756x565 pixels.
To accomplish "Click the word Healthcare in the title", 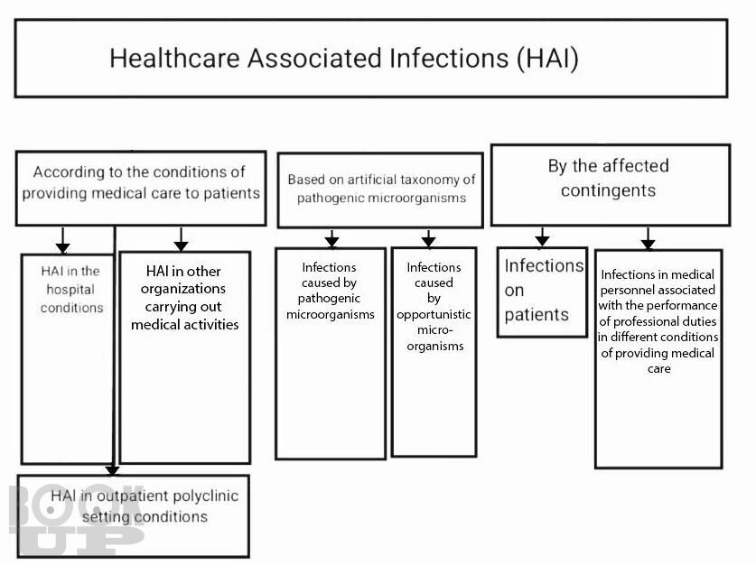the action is (x=174, y=59).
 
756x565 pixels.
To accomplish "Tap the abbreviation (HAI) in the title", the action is (x=548, y=59).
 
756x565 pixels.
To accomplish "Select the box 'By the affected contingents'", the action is (x=611, y=185).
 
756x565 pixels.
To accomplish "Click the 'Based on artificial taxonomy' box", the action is (x=380, y=190).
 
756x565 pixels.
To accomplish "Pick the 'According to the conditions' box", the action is (x=141, y=189).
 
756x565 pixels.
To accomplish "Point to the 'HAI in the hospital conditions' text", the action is (x=71, y=289).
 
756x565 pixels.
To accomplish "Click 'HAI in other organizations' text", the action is (x=184, y=298).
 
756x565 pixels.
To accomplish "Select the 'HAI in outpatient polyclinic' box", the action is (x=133, y=516).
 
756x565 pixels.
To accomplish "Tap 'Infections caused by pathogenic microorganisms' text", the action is (x=331, y=291).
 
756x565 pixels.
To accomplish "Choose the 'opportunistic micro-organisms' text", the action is (x=434, y=330).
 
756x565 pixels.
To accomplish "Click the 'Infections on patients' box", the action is (x=543, y=292).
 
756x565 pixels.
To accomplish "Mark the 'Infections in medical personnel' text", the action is (x=658, y=321).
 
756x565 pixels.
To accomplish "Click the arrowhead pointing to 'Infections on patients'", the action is (x=543, y=240).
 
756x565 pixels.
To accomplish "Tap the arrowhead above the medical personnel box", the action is (x=648, y=244).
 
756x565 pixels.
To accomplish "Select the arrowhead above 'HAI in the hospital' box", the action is (x=62, y=247).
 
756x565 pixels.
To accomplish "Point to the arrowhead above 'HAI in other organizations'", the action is (x=181, y=245).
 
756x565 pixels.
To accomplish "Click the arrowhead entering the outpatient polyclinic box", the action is (x=112, y=470).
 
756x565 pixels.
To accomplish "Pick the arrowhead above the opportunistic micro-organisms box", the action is (x=428, y=241).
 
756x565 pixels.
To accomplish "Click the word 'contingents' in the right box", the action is (x=608, y=190).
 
